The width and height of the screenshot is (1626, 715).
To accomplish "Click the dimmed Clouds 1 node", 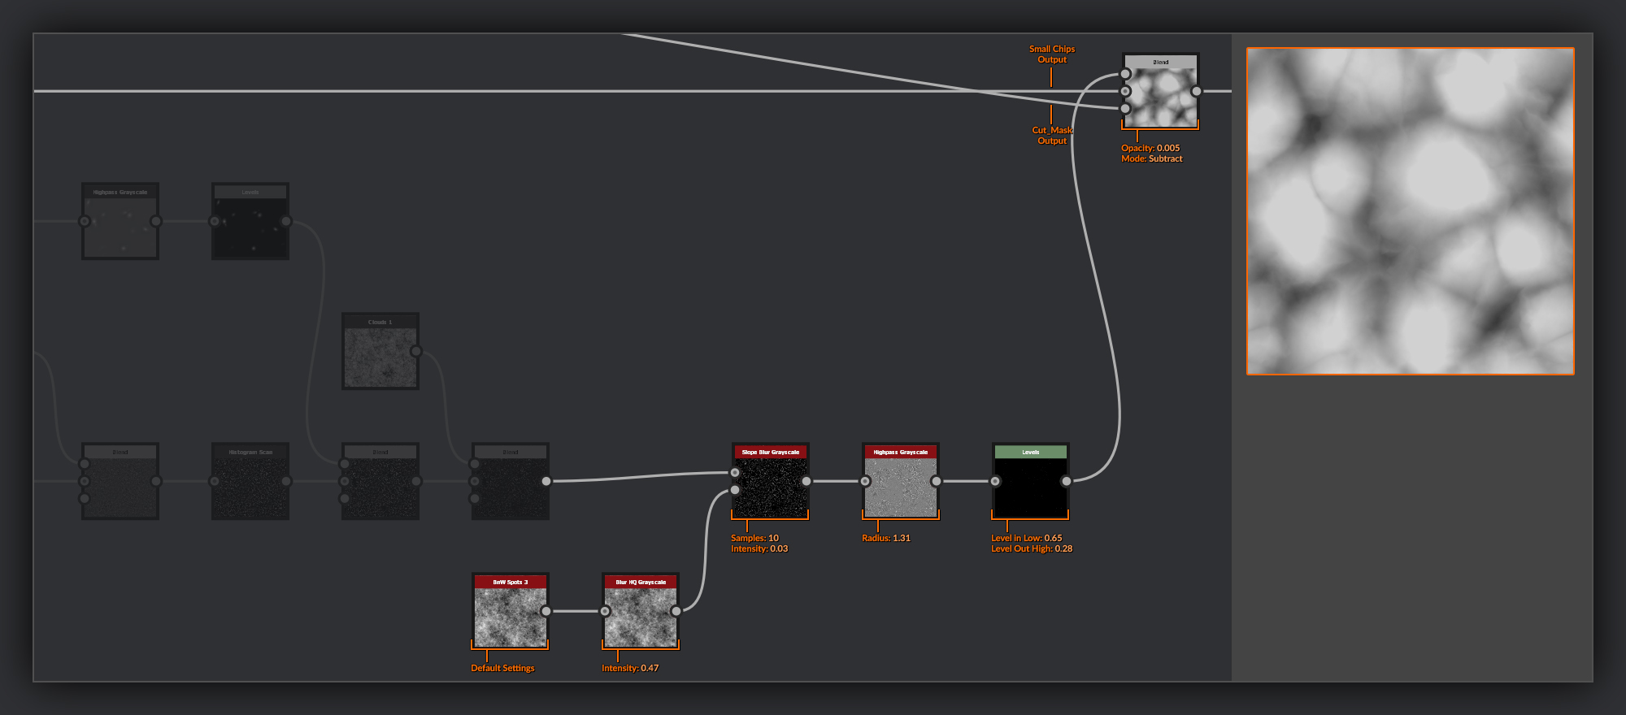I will point(380,356).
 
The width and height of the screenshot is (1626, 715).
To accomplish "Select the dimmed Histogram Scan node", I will point(250,486).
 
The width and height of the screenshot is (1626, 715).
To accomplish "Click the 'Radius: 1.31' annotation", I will point(886,538).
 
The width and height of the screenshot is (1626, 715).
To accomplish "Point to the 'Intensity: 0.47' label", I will point(630,668).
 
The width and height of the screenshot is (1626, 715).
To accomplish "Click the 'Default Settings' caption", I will point(502,668).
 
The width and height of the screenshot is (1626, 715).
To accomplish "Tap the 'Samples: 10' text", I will point(754,538).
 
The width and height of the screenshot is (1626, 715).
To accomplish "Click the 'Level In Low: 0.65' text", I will point(1026,538).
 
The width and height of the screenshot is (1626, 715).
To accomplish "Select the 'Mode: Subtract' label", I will point(1151,158).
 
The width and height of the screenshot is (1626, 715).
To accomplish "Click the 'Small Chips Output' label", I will point(1051,54).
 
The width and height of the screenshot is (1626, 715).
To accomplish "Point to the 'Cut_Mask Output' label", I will point(1052,135).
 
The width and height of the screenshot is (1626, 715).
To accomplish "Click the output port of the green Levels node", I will point(1067,481).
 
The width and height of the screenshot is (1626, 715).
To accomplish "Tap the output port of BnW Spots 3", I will point(546,611).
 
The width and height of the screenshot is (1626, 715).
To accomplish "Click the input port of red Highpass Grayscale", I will point(865,481).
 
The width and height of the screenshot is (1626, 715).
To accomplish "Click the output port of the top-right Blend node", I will point(1196,91).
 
